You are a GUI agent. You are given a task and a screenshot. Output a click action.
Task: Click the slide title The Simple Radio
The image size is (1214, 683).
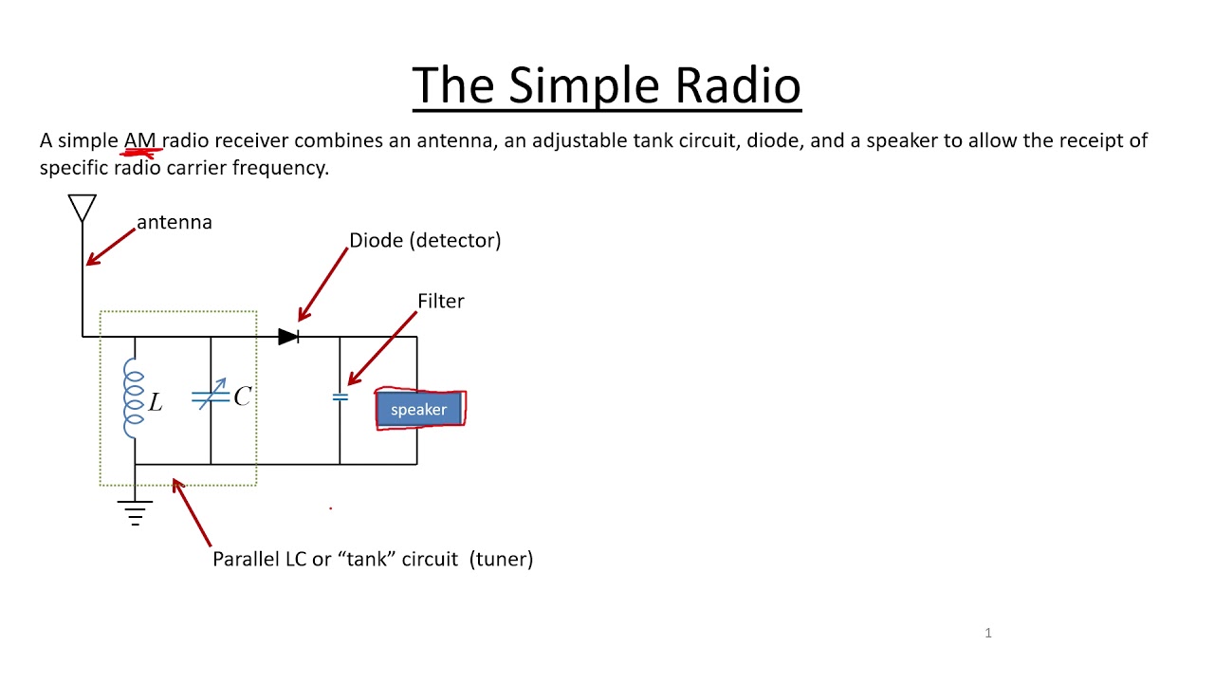(x=606, y=85)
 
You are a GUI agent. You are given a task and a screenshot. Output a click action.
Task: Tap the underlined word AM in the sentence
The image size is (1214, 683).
(x=139, y=141)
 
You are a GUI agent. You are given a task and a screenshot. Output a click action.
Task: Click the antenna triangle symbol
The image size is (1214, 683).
(x=83, y=207)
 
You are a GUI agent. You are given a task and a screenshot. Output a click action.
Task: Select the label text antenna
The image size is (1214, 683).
(x=175, y=222)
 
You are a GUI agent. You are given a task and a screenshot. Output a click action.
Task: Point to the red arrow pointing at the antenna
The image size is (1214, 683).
(x=110, y=245)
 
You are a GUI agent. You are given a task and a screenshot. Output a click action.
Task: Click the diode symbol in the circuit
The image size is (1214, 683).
(x=289, y=337)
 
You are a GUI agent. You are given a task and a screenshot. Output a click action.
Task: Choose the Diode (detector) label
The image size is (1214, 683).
(x=425, y=241)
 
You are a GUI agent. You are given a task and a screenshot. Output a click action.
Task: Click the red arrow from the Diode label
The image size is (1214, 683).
(x=322, y=285)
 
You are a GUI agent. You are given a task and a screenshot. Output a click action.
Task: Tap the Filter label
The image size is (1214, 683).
(x=441, y=301)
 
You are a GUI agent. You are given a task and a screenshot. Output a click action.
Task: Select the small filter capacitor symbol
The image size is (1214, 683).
(x=340, y=397)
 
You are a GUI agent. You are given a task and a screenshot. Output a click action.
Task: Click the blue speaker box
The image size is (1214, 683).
(x=419, y=410)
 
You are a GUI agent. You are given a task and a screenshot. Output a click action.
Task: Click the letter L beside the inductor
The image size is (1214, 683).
(x=156, y=403)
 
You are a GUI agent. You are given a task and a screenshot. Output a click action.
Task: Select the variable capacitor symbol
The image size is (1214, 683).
(x=211, y=397)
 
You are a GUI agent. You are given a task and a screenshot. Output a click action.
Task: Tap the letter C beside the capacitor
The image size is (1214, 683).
(x=242, y=397)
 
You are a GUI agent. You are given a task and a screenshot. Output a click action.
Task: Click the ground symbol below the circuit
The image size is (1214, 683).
(x=135, y=512)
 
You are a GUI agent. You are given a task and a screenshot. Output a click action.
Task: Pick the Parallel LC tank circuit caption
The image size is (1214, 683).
(x=373, y=559)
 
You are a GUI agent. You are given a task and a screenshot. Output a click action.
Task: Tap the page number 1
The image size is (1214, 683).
(x=988, y=633)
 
